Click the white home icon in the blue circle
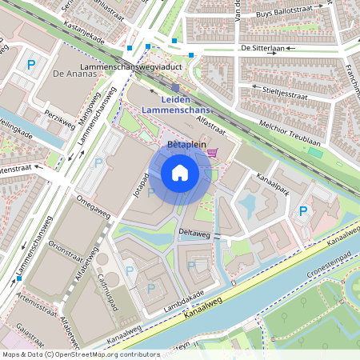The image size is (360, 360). pyautogui.click(x=180, y=172)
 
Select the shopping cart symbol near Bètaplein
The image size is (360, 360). pyautogui.click(x=212, y=152)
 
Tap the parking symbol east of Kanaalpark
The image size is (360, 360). pyautogui.click(x=303, y=211)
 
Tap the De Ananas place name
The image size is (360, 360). pyautogui.click(x=69, y=73)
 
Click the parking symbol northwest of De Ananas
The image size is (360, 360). pyautogui.click(x=31, y=65)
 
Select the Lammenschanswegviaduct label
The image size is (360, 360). pyautogui.click(x=133, y=69)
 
